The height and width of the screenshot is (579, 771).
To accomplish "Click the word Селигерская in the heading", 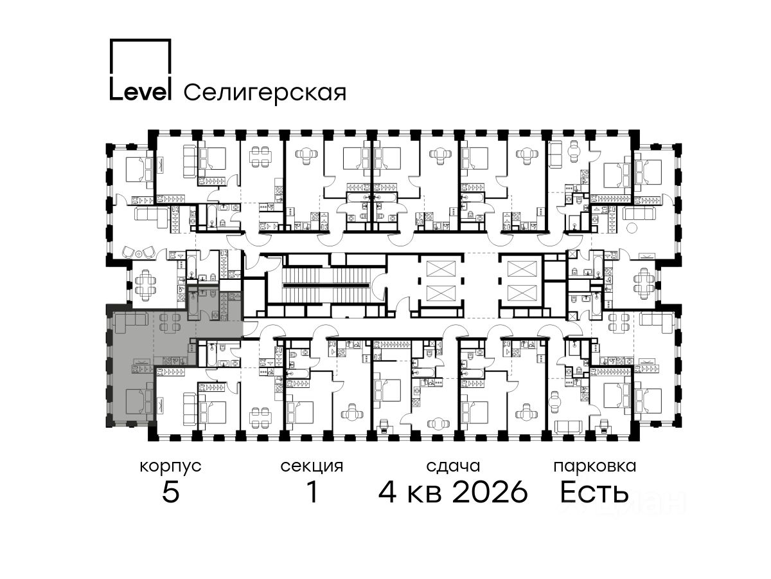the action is coord(265,93).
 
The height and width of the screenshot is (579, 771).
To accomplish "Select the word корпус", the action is coord(170,467).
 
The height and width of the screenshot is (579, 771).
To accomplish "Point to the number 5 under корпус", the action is coord(171,492).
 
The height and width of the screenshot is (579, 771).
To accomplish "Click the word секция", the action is coord(312,467).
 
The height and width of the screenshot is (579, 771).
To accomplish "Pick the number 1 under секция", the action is coord(312,492).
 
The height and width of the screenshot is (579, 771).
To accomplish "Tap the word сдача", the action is coord(453,466).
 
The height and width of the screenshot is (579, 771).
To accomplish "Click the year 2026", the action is coord(490,492).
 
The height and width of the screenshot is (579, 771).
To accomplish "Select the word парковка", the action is coord(595,467).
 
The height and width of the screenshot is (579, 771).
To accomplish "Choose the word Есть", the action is coord(594,492).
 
